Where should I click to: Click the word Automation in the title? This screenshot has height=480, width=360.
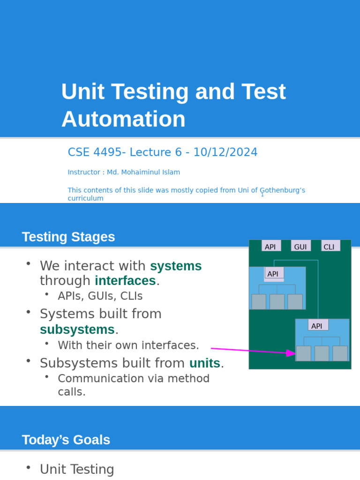coord(123,119)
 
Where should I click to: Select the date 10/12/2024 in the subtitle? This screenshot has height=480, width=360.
coord(225,152)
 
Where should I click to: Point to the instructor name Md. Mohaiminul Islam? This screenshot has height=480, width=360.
coord(143,172)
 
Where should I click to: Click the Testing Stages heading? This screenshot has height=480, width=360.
coord(68,237)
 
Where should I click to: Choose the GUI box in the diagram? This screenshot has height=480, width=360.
coord(300,247)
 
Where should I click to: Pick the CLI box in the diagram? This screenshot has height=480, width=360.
coord(330,247)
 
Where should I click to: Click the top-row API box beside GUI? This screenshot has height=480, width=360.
coord(270,247)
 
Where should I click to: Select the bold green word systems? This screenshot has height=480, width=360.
coord(176,266)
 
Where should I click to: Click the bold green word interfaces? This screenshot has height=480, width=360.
coord(125,280)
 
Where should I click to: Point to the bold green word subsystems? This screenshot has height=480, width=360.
coord(77,330)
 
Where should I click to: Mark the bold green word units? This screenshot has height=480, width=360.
coord(204,363)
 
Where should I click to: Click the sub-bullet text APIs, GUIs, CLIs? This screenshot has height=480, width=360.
coord(100,296)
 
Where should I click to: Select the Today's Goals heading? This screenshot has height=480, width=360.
coord(66,440)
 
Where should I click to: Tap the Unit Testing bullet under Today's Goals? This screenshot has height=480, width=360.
coord(77,469)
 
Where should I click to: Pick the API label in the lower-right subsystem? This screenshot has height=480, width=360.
coord(317,326)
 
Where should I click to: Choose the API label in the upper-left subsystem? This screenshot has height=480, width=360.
coord(273,274)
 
